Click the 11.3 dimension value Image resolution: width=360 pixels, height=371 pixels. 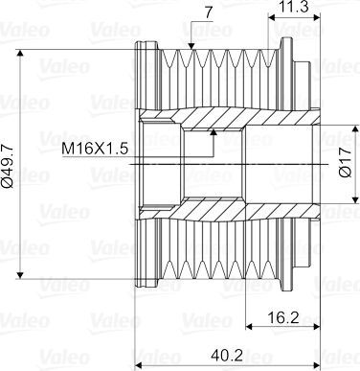(293, 7)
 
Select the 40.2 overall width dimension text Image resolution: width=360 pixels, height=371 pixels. (227, 355)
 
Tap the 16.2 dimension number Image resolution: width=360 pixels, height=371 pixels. (283, 317)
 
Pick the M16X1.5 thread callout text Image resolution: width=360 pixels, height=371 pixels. (95, 149)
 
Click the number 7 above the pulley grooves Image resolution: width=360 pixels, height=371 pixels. (209, 12)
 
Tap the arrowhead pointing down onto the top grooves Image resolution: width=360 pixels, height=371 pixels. (191, 47)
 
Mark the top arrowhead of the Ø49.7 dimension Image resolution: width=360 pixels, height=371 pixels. (20, 53)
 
